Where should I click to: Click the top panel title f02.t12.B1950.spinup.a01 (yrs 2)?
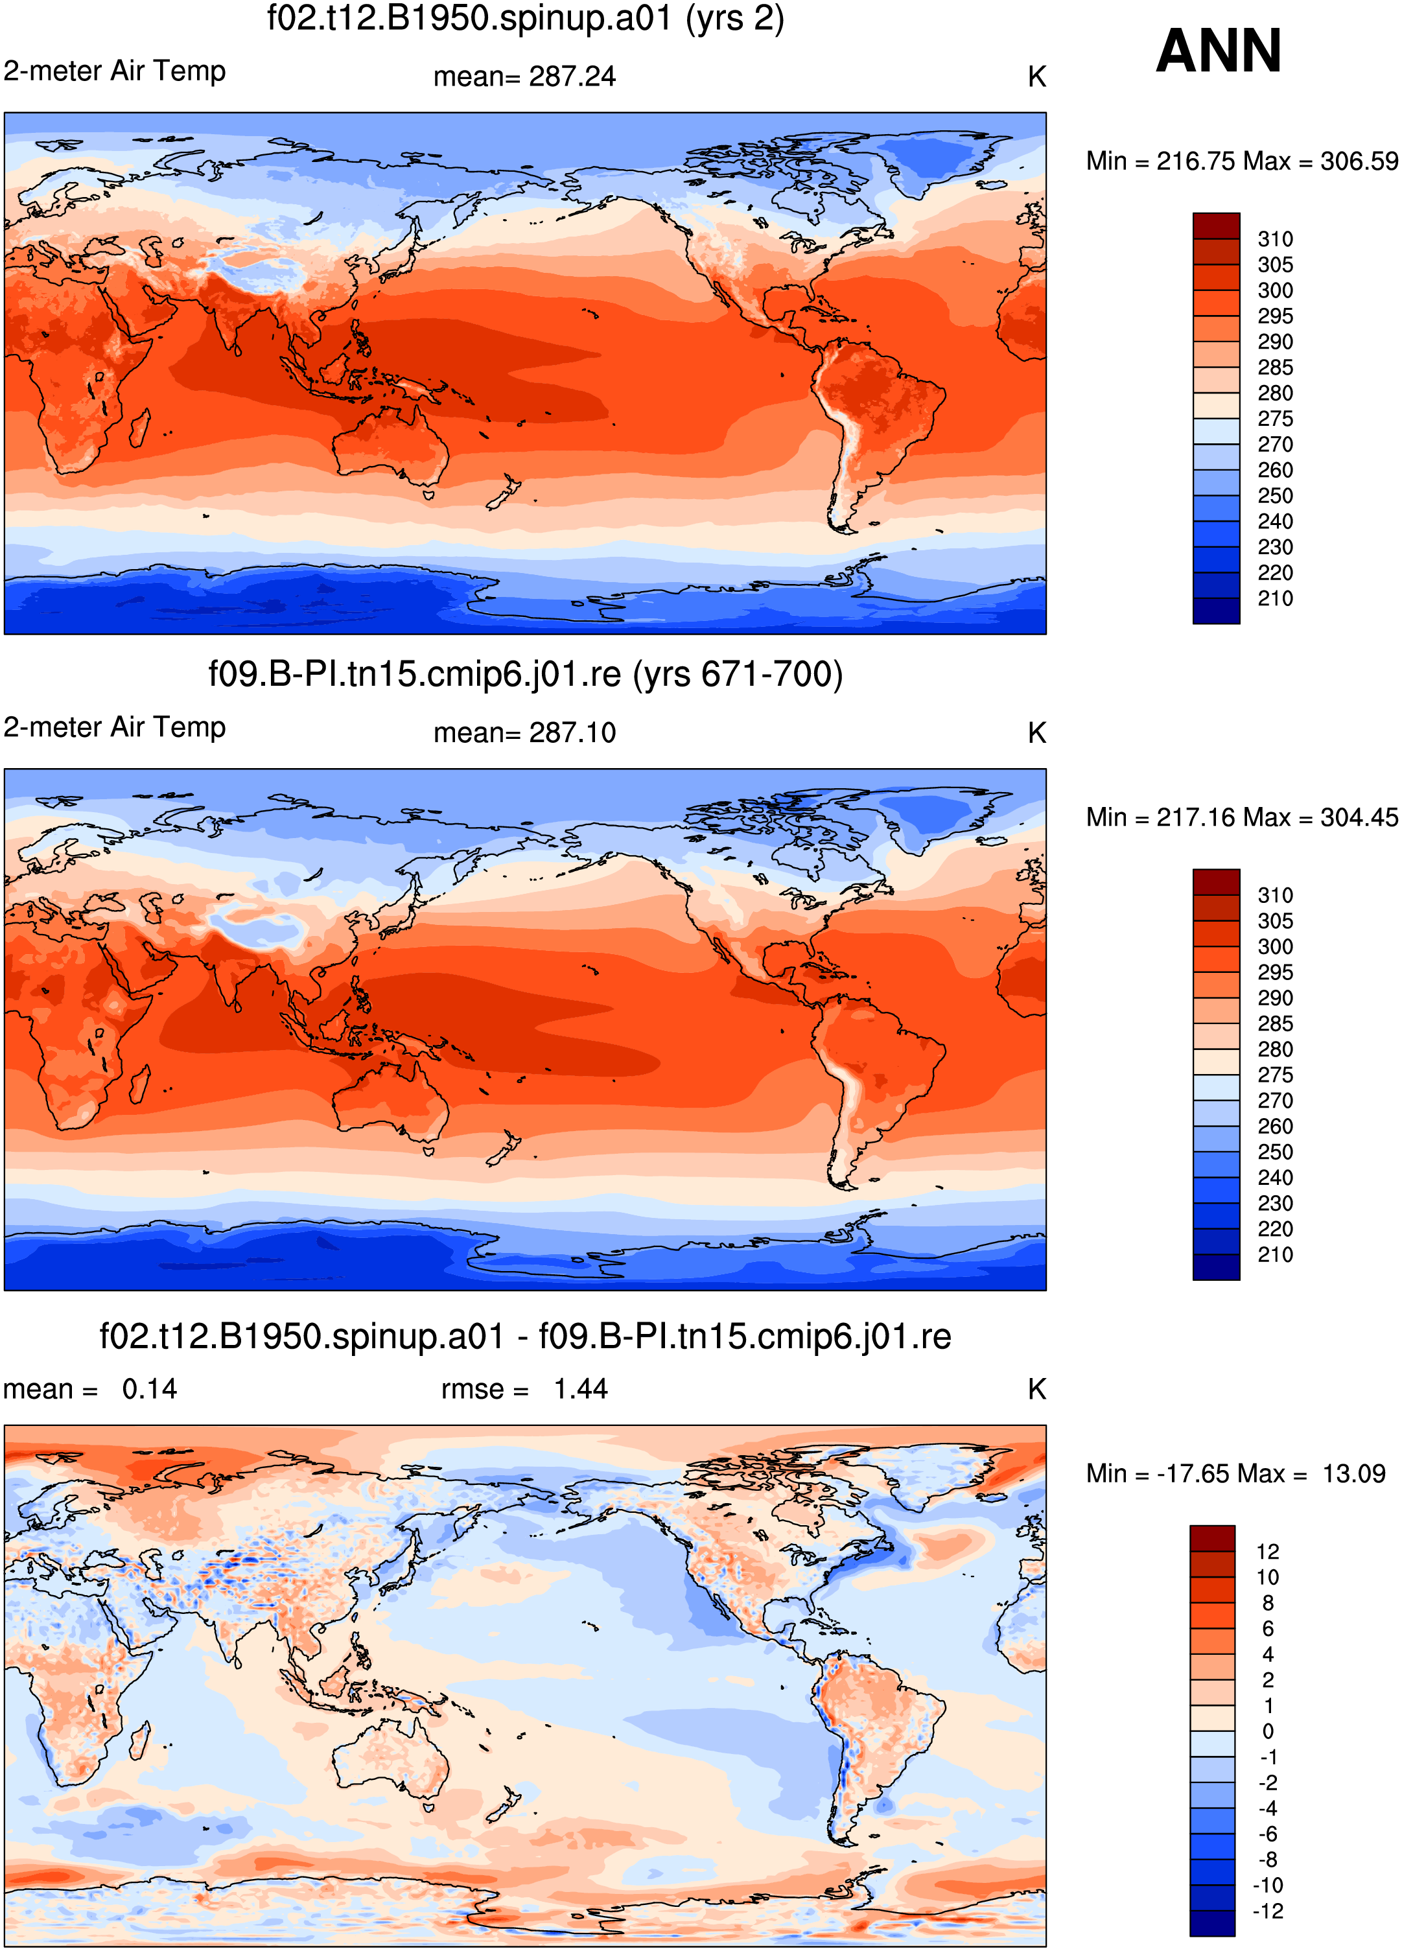[x=526, y=19]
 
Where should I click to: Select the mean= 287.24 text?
[x=524, y=76]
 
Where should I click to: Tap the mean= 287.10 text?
[x=524, y=733]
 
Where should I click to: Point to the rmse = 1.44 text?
[x=524, y=1389]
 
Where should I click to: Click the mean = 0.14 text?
[x=90, y=1389]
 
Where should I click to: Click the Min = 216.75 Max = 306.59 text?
[x=1242, y=161]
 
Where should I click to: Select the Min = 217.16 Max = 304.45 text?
[x=1242, y=817]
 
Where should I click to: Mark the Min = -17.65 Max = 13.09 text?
[x=1236, y=1473]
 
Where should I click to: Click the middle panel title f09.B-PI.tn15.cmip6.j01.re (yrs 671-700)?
[x=526, y=674]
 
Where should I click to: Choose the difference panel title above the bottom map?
[x=526, y=1337]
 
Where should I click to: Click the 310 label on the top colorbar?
[x=1276, y=239]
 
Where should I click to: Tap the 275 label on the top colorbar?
[x=1276, y=419]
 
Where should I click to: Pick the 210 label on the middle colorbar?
[x=1276, y=1254]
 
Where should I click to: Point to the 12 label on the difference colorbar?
[x=1268, y=1552]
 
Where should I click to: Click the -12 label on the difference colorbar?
[x=1268, y=1911]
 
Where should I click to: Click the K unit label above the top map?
[x=1037, y=77]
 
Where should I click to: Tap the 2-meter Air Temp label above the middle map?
[x=114, y=727]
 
